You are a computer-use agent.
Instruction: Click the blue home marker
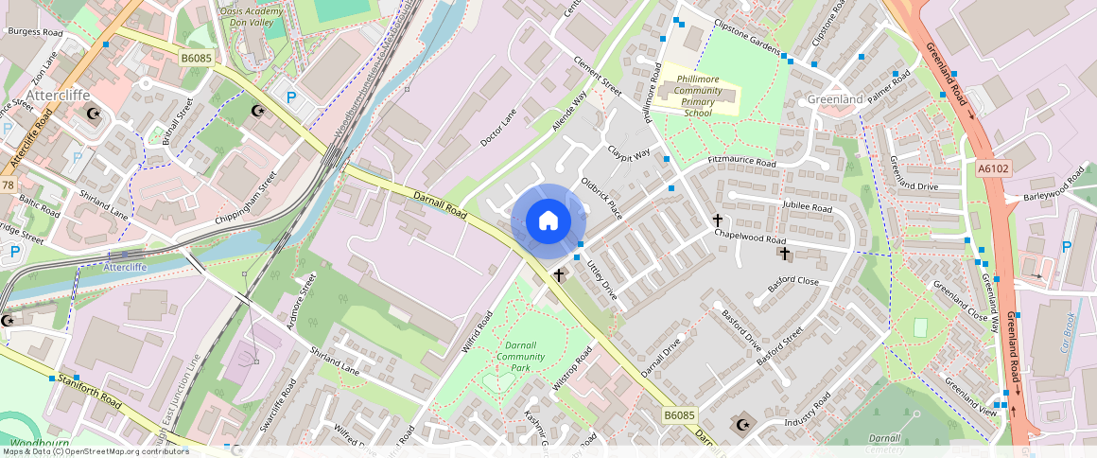(548, 221)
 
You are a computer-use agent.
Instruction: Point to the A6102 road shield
(993, 168)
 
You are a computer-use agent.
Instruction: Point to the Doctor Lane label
(498, 128)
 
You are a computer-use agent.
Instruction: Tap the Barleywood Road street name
(1054, 185)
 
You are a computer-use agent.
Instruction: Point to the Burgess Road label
(35, 32)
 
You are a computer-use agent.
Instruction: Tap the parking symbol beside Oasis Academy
(291, 97)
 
